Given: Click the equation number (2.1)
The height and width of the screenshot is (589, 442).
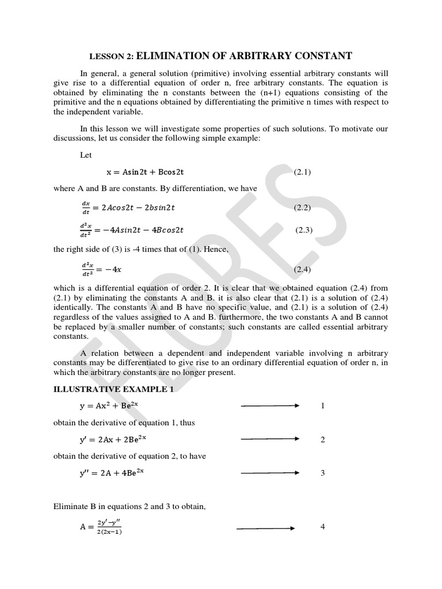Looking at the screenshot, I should tap(302, 172).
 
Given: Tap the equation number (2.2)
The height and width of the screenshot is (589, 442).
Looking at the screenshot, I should tap(302, 207).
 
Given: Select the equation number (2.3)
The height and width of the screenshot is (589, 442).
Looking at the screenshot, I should tap(303, 230).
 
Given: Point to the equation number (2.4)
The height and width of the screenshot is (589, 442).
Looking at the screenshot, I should tap(302, 269).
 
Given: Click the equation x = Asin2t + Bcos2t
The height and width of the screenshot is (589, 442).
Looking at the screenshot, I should tap(145, 172).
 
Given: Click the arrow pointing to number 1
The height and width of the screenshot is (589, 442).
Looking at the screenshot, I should tap(270, 406).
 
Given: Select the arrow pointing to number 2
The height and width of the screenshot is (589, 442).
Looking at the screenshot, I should tap(270, 439).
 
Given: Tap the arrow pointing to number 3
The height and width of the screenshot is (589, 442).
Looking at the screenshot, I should tap(270, 473).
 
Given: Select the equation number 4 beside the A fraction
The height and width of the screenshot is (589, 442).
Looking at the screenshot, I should tap(323, 527).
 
